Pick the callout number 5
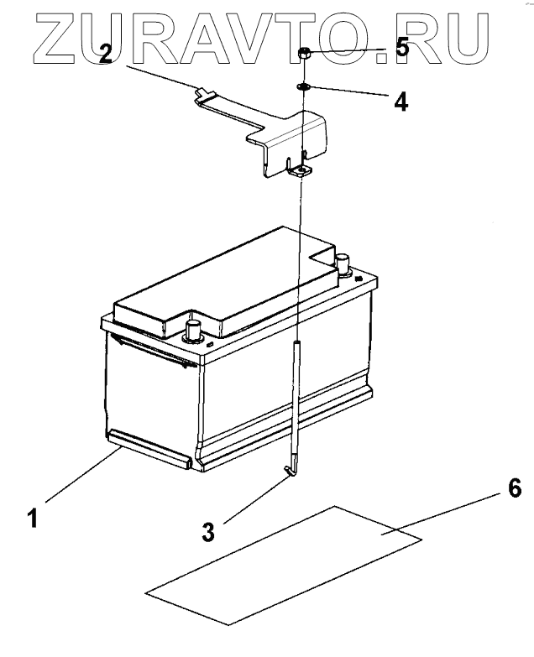pyautogui.click(x=402, y=49)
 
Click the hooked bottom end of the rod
pyautogui.click(x=290, y=472)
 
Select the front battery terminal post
pyautogui.click(x=193, y=330)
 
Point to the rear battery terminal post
pyautogui.click(x=343, y=263)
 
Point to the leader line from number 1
pyautogui.click(x=80, y=477)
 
